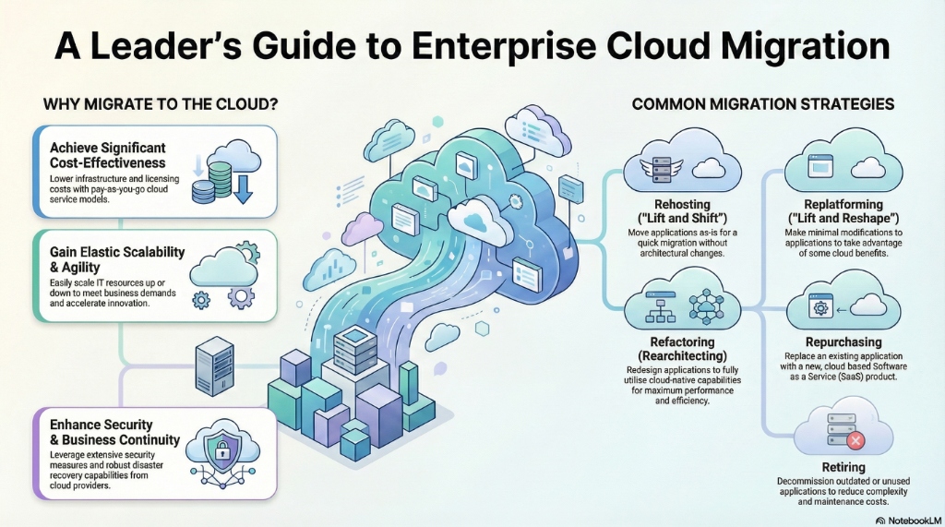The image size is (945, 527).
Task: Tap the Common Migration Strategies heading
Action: click(x=762, y=104)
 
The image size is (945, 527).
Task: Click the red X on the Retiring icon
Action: click(x=855, y=441)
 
